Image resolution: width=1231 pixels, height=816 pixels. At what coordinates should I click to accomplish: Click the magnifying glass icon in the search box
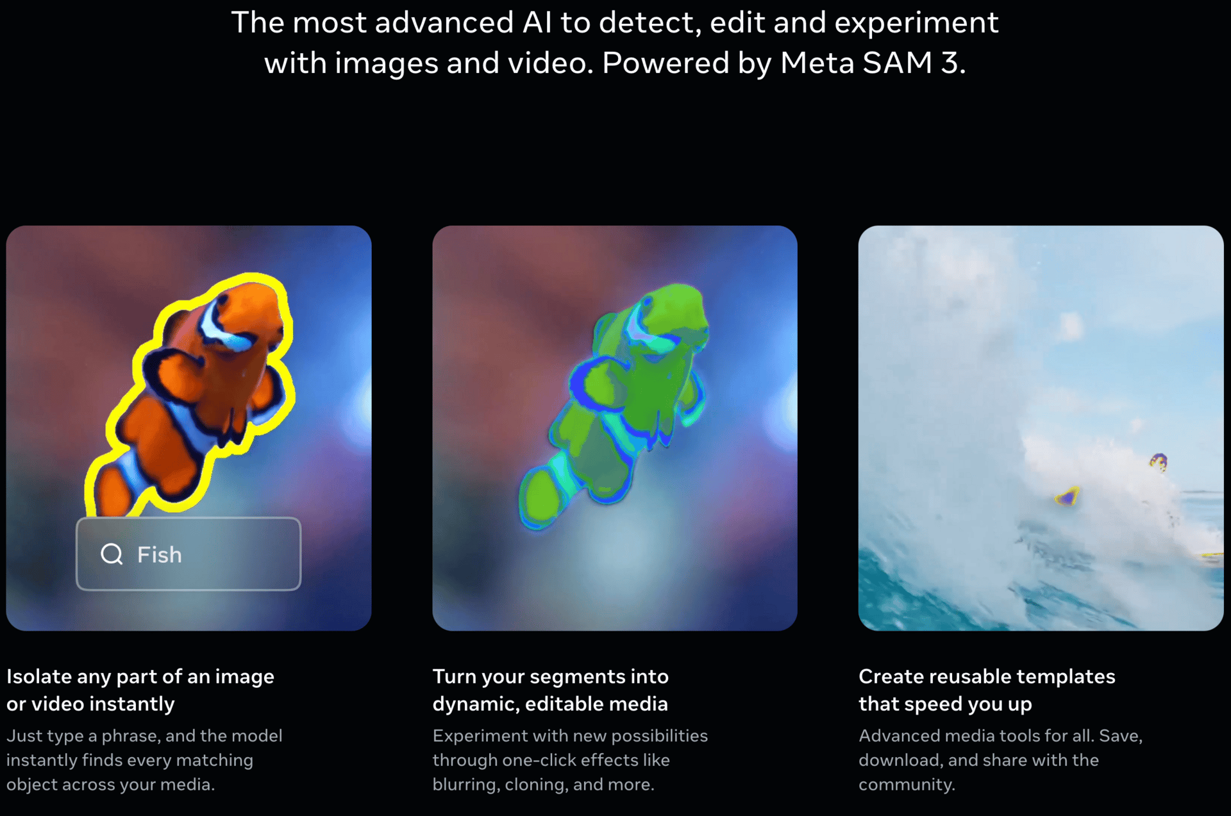pyautogui.click(x=112, y=554)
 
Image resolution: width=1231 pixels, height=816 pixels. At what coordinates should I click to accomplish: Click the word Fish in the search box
pyautogui.click(x=160, y=554)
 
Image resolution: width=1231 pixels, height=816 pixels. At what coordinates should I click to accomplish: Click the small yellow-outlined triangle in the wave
pyautogui.click(x=1068, y=496)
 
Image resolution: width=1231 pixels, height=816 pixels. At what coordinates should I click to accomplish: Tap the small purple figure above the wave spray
pyautogui.click(x=1159, y=461)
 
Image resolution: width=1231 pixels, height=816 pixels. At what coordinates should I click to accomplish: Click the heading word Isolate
pyautogui.click(x=39, y=676)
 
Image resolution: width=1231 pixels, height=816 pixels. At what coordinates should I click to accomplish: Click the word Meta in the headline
pyautogui.click(x=817, y=63)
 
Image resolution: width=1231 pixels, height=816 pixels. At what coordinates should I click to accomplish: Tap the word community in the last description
pyautogui.click(x=907, y=785)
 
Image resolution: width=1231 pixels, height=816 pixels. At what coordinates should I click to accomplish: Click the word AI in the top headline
pyautogui.click(x=537, y=22)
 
